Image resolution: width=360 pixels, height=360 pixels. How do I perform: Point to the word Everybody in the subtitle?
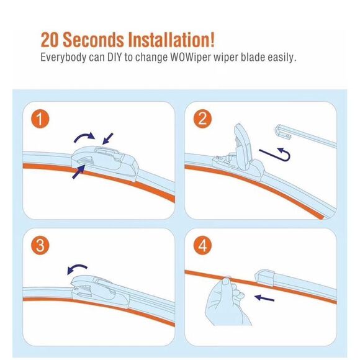click(x=63, y=58)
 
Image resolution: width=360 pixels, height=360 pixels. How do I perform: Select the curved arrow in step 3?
click(x=78, y=269)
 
